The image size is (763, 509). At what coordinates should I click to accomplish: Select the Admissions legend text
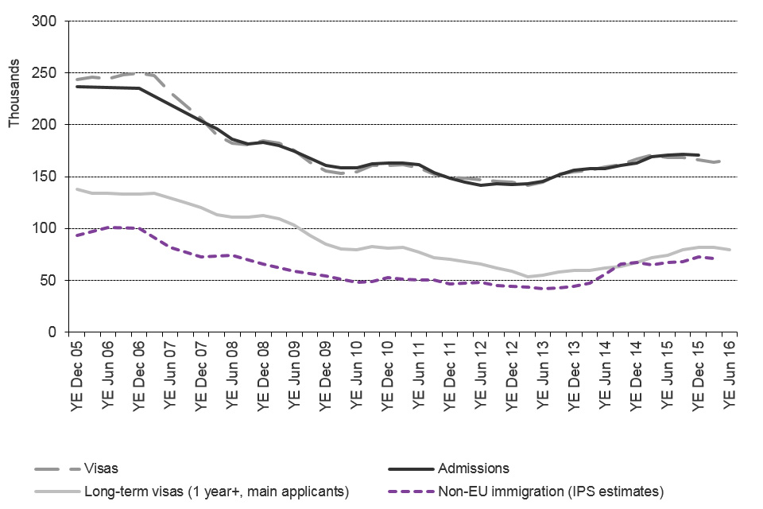tap(474, 468)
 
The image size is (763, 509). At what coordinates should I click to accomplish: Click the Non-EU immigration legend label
tap(550, 492)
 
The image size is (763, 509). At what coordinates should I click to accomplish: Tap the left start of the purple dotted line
tap(76, 235)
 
